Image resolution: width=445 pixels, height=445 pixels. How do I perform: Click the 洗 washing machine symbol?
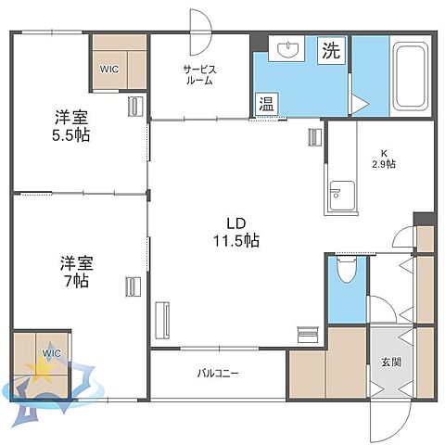coord(331,50)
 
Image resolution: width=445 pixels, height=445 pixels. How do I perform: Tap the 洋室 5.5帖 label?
coord(70,126)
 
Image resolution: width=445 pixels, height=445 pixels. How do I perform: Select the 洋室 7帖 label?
coord(70,271)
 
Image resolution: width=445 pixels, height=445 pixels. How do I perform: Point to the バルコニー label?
coord(217,374)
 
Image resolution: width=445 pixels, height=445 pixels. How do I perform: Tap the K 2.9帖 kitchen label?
coord(384,159)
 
